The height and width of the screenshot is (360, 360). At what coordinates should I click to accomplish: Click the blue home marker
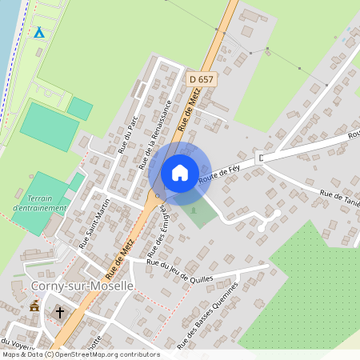180,172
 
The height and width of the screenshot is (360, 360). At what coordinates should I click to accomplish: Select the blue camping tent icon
38,33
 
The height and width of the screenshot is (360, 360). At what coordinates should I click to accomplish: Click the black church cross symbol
60,312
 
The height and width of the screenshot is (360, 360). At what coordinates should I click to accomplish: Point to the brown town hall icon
34,306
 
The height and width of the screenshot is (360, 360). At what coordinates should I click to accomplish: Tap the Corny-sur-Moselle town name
71,286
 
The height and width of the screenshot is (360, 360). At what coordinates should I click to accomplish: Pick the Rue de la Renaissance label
155,135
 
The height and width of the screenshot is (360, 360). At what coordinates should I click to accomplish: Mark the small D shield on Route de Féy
261,158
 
